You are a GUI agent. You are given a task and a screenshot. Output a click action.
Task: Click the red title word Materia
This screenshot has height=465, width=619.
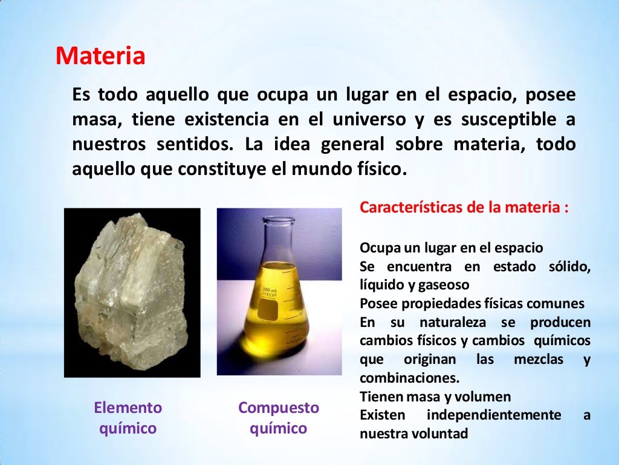(100, 57)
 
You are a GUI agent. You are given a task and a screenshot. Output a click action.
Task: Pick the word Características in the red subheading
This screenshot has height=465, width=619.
(411, 207)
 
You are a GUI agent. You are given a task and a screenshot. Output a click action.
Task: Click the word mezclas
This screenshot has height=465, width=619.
(538, 360)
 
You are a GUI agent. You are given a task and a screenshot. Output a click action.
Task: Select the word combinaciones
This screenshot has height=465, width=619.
(409, 378)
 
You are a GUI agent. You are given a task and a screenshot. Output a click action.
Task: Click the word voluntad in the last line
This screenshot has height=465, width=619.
(440, 434)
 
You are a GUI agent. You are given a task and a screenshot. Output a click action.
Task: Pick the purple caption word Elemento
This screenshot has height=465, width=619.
(128, 407)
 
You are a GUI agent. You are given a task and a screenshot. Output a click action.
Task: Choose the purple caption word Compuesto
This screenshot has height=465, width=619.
(279, 407)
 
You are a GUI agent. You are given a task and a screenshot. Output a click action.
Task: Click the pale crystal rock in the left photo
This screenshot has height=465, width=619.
(130, 291)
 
